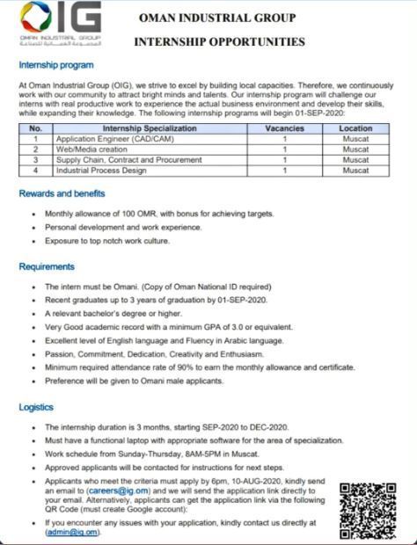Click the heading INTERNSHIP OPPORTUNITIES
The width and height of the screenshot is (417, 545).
click(x=219, y=41)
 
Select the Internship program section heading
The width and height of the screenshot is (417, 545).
click(x=55, y=66)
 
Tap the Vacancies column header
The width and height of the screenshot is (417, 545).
click(x=285, y=128)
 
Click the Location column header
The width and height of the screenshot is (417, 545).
click(x=355, y=128)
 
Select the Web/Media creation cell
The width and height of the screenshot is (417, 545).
click(x=92, y=149)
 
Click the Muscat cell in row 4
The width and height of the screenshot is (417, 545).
click(x=355, y=171)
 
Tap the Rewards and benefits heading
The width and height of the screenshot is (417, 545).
click(x=62, y=193)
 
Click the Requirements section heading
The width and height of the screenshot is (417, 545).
click(x=47, y=266)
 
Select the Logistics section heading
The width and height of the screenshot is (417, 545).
click(x=36, y=407)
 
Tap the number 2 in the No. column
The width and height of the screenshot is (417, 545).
click(x=36, y=149)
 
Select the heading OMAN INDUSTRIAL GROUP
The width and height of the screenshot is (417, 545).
click(x=217, y=18)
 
